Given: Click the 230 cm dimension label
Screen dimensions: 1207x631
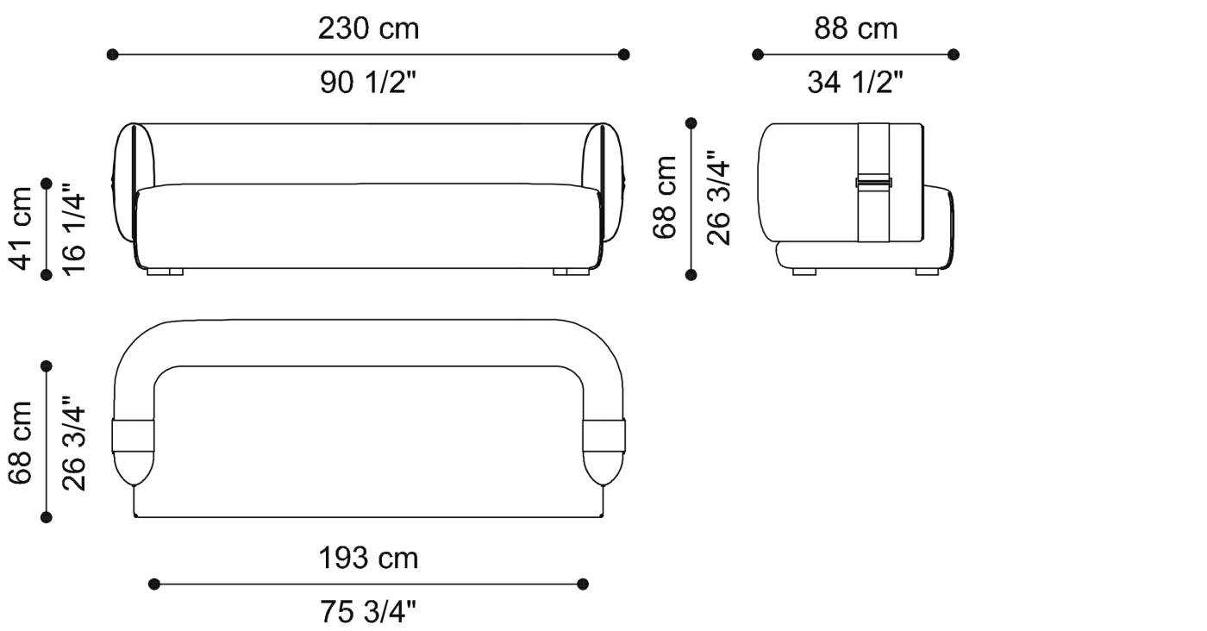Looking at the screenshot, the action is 368,28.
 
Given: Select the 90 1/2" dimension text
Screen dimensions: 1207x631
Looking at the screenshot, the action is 368,83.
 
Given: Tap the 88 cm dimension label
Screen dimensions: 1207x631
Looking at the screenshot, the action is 855,28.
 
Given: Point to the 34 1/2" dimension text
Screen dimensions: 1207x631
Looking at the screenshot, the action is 854,83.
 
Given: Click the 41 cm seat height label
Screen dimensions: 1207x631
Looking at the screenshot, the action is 21,228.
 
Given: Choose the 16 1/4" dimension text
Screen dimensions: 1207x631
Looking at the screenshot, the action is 74,229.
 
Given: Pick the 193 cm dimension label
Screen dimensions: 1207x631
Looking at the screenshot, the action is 368,559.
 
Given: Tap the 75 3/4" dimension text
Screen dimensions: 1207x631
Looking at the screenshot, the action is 368,611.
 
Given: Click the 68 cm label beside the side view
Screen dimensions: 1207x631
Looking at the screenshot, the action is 665,197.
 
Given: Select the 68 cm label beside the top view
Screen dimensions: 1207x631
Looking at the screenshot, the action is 21,442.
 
